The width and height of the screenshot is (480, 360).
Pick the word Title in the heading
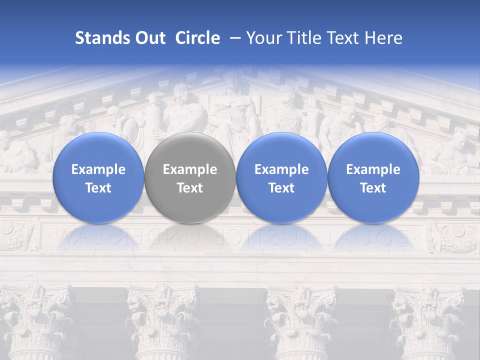tap(304, 38)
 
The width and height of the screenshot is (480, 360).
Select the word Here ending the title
tap(383, 38)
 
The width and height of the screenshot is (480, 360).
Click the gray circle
tap(190, 178)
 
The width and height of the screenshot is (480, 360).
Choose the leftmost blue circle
tap(98, 178)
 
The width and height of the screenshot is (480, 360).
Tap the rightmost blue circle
tap(373, 178)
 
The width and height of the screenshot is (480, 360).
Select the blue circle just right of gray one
tap(281, 178)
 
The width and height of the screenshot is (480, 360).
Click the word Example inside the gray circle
tap(190, 169)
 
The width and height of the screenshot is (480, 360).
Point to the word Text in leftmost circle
tap(98, 188)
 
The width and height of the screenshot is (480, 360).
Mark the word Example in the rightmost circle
tap(373, 169)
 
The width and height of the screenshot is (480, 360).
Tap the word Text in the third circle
tap(281, 188)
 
